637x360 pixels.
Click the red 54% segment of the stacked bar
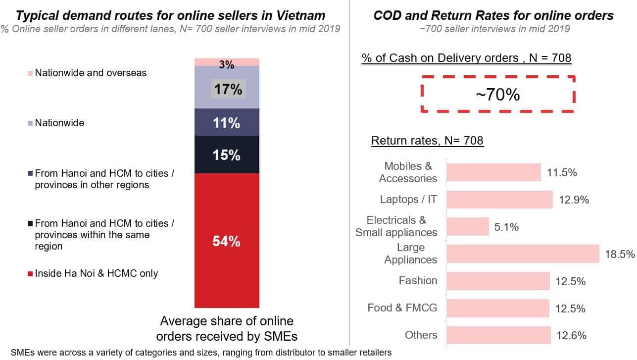click(227, 241)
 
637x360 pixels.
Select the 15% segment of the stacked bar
click(227, 154)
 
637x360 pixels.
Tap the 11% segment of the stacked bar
click(227, 122)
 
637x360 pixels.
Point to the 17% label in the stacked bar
click(228, 89)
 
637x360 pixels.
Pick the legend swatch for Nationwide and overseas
click(30, 73)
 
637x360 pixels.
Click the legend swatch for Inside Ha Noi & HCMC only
click(30, 274)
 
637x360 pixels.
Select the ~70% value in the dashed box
click(498, 94)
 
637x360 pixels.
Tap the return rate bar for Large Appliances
click(523, 254)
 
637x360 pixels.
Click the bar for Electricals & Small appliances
click(468, 227)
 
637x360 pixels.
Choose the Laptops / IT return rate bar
click(499, 200)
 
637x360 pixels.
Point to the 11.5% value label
click(562, 172)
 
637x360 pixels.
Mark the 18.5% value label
click(620, 254)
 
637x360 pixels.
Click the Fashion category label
click(418, 281)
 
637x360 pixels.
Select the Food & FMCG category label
click(402, 308)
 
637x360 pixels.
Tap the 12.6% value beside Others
click(571, 335)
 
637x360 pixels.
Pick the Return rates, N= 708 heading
click(427, 141)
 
